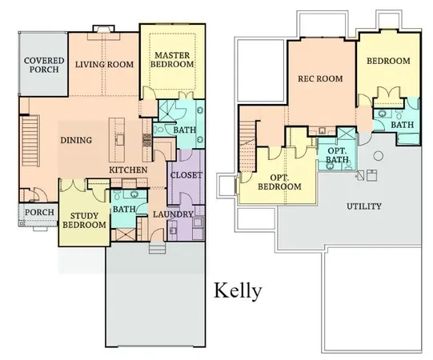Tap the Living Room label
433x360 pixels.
click(x=102, y=65)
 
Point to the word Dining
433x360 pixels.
click(x=76, y=140)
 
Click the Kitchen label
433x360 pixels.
click(x=128, y=171)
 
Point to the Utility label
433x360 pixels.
click(x=363, y=206)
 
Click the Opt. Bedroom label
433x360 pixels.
click(x=286, y=182)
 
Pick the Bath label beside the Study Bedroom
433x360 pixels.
click(x=123, y=210)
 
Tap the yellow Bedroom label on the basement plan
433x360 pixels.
click(x=388, y=61)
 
